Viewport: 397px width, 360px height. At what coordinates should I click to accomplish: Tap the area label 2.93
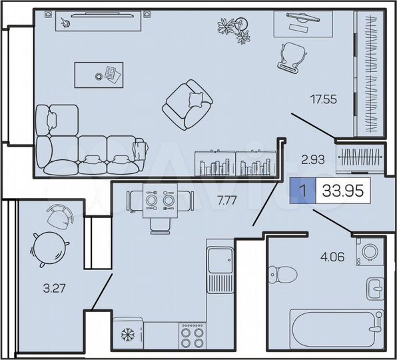[x=312, y=159]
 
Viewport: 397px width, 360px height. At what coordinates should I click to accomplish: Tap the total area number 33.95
[x=343, y=191]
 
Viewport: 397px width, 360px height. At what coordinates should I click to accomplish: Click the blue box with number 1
[x=302, y=192]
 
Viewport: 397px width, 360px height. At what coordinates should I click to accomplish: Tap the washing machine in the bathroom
[x=368, y=251]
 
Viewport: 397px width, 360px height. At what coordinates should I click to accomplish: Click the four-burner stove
[x=192, y=335]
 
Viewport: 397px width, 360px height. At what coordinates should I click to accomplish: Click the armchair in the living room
[x=189, y=106]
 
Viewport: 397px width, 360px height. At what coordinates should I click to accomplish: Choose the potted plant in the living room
[x=235, y=29]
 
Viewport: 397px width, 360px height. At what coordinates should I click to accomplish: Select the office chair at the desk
[x=290, y=55]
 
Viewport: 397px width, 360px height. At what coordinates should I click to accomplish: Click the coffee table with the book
[x=99, y=73]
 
